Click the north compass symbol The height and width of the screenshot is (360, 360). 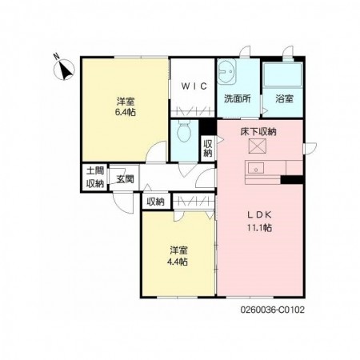[63, 69]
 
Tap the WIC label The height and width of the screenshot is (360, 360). [194, 86]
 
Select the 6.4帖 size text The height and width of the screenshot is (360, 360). [126, 112]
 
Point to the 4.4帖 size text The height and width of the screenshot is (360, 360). [178, 262]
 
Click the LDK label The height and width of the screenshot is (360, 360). [259, 214]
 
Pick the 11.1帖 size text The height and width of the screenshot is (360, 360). [259, 228]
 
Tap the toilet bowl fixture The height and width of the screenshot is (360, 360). [183, 131]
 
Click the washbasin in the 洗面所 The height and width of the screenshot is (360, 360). [226, 71]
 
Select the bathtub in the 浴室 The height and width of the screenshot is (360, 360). [282, 74]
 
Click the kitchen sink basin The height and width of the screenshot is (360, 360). [256, 168]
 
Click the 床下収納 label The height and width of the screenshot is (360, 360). [258, 132]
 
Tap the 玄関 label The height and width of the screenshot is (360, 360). [126, 179]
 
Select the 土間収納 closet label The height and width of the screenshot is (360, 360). [95, 177]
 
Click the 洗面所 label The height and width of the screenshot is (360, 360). [238, 99]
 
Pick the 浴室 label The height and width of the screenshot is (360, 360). [285, 99]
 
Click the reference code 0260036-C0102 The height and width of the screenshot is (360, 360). [273, 310]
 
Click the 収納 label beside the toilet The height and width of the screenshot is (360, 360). [208, 148]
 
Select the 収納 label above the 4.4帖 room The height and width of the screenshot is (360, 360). [155, 202]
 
